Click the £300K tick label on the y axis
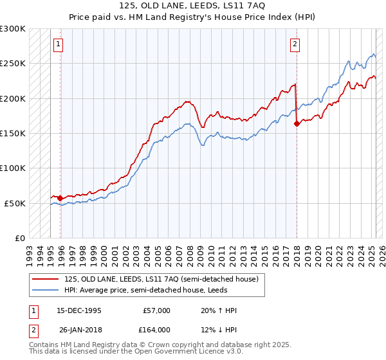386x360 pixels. pyautogui.click(x=13, y=29)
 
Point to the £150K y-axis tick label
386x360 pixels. pyautogui.click(x=13, y=134)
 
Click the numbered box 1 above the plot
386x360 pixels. pyautogui.click(x=59, y=44)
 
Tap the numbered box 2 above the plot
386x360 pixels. pyautogui.click(x=295, y=44)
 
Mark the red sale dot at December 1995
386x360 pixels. pyautogui.click(x=60, y=198)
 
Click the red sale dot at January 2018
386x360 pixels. pyautogui.click(x=297, y=123)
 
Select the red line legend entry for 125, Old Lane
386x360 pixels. pyautogui.click(x=161, y=279)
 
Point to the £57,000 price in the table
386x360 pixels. pyautogui.click(x=156, y=310)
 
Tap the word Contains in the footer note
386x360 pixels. pyautogui.click(x=44, y=345)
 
